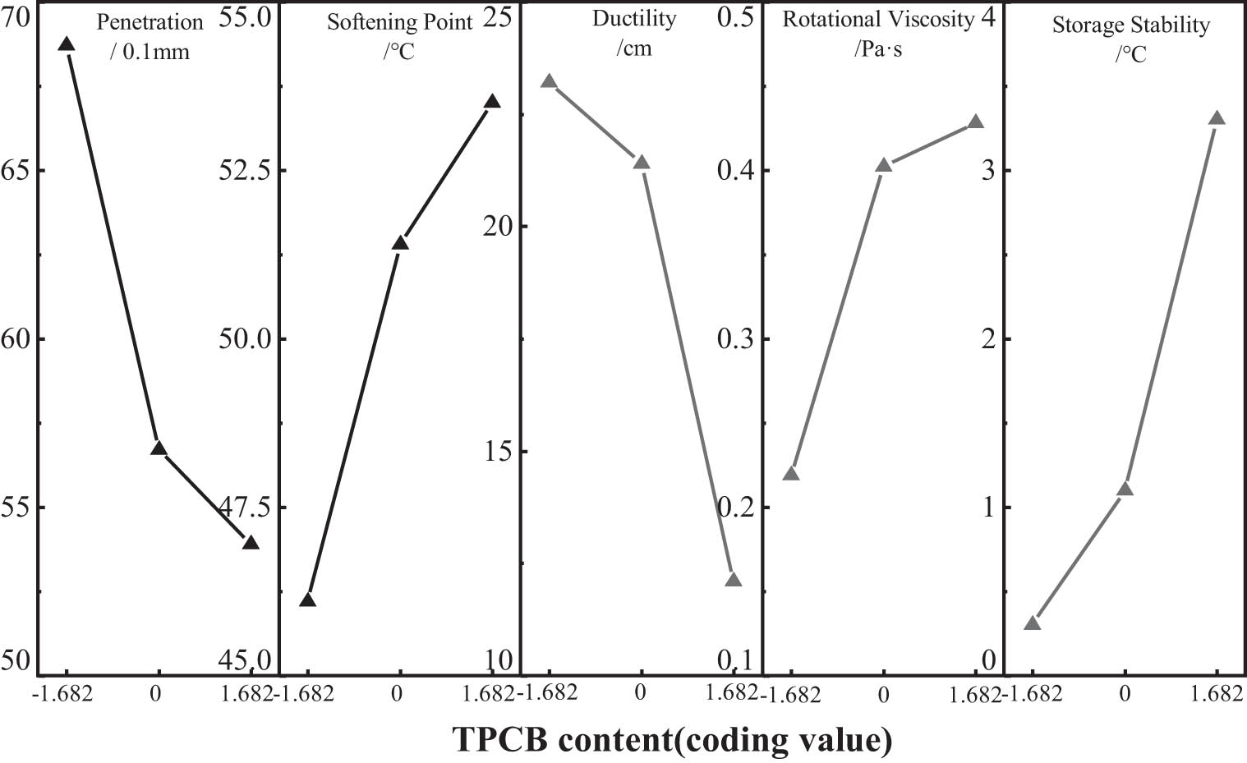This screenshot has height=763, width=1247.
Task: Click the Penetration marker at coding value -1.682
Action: tap(67, 44)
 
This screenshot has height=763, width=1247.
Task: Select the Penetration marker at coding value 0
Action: tap(159, 448)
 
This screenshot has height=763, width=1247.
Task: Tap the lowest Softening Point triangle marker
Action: tap(307, 600)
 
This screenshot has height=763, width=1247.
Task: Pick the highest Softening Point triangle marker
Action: tap(492, 102)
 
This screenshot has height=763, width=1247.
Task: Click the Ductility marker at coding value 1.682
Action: tap(734, 580)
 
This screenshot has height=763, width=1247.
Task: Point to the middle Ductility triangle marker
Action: tap(642, 163)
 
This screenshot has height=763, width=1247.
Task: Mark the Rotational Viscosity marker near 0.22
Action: tap(791, 474)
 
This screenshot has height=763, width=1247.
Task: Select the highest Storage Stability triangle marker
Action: tap(1217, 119)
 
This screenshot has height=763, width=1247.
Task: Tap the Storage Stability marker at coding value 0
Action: tap(1125, 490)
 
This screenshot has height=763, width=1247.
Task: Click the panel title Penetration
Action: tap(150, 22)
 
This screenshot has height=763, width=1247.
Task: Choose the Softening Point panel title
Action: tap(400, 22)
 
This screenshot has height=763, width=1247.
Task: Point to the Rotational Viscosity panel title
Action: tap(878, 20)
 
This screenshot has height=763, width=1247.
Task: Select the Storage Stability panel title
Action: tap(1131, 25)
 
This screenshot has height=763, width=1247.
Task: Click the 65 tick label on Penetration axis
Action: tap(16, 170)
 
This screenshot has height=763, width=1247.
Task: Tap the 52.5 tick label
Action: tap(243, 170)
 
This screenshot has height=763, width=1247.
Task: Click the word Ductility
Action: tap(634, 19)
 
